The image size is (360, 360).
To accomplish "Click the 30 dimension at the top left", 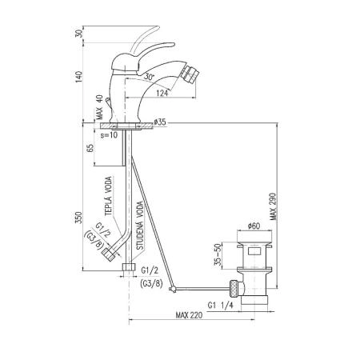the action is coord(78,34).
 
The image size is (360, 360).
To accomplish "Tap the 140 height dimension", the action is coord(78,77).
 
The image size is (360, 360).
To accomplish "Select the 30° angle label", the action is coord(150,77).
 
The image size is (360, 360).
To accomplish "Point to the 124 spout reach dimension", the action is coord(162,93).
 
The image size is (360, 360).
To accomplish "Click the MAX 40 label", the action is coord(99,107).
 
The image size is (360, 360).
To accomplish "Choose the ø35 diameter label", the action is coord(160,122).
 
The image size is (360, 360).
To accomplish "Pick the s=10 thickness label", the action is coord(109,135).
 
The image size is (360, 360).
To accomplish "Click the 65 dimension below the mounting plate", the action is coord(90,148).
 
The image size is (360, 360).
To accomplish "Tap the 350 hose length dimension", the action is coord(78,218).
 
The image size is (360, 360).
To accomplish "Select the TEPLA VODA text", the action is coord(108,196).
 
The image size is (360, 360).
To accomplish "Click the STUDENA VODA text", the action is coord(140,226).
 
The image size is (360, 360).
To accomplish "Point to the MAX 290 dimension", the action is coord(273,206).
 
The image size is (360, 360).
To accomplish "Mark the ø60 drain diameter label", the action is coord(254,226).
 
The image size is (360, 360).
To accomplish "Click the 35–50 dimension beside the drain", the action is coord(218,254).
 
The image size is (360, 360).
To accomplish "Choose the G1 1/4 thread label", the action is coord(220,305).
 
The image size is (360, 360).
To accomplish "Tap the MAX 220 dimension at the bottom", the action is coord(189,315).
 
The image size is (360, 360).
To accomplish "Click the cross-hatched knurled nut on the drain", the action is coord(234,289).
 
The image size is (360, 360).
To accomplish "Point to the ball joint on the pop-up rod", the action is coord(173,289).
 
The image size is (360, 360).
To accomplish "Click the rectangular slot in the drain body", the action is coord(254,251).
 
